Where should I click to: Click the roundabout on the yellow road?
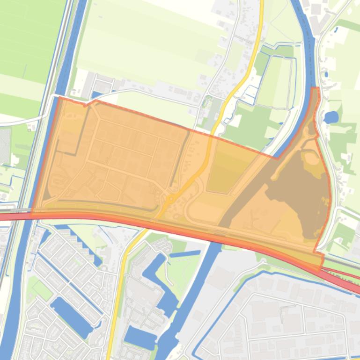170,200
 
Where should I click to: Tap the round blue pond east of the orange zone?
331,117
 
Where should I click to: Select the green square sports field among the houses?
43,290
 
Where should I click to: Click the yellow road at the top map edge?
261,4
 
